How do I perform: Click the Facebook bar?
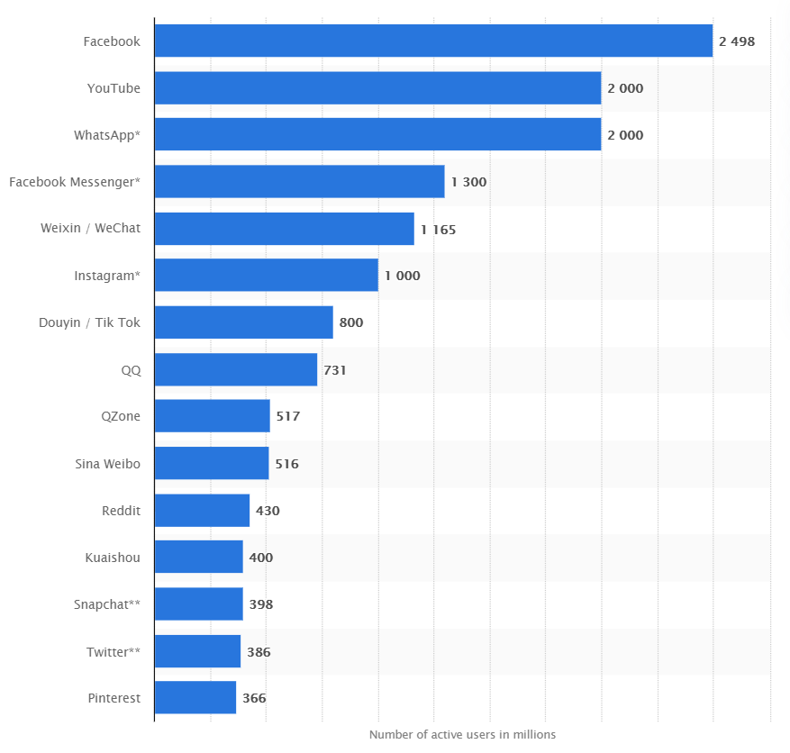tap(433, 41)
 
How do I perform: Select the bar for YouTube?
tap(377, 88)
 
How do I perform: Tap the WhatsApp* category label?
tap(107, 135)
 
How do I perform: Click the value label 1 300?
tap(468, 182)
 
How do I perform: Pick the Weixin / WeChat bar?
tap(284, 229)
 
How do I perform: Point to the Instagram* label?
tap(107, 276)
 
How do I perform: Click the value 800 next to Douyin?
tap(351, 322)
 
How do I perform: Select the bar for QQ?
tap(236, 369)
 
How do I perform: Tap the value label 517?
tap(288, 416)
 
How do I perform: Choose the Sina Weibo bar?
tap(212, 463)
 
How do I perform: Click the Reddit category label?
tap(121, 511)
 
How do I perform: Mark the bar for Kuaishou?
tap(199, 558)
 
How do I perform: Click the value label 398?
tap(261, 604)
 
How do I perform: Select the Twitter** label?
tap(114, 651)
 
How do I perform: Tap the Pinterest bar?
tap(195, 698)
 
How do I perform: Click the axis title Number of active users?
tap(462, 734)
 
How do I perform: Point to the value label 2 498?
tap(737, 41)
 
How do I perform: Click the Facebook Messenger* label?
tap(75, 182)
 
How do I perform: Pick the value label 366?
tap(254, 698)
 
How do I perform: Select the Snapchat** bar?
tap(199, 604)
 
